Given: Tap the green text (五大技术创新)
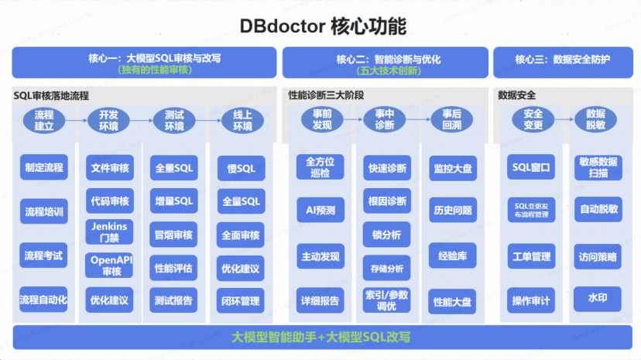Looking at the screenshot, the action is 386,70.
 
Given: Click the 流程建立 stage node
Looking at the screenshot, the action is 44,120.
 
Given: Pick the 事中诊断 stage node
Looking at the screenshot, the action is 385,120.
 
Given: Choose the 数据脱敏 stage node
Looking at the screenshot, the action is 595,120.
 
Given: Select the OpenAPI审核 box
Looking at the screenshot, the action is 109,266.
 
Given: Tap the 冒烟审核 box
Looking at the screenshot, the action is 174,235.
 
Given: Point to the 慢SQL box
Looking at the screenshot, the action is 241,168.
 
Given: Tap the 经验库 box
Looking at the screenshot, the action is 452,255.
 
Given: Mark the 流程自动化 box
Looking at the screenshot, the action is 43,299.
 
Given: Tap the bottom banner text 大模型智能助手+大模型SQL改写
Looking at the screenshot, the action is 320,338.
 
